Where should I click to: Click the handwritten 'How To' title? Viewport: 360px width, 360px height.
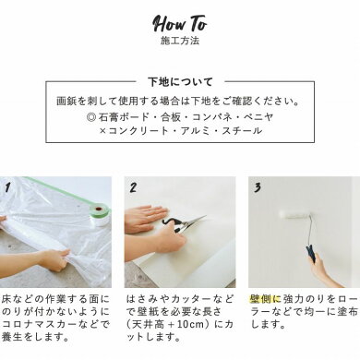tap(179, 21)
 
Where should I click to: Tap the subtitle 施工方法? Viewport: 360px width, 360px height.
tap(179, 42)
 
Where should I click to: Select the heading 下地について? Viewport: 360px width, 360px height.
tap(179, 81)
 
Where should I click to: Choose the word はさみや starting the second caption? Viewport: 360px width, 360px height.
tap(149, 300)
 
